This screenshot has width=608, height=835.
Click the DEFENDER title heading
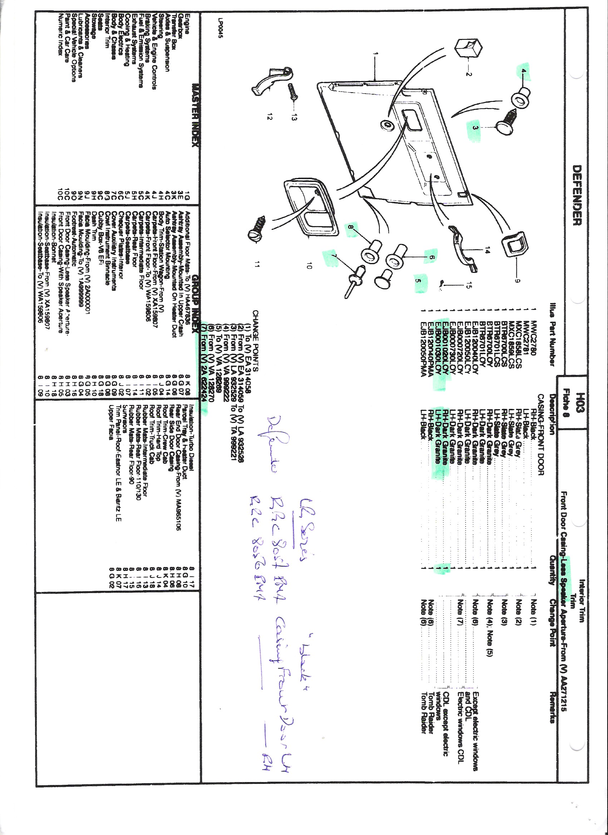577,195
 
